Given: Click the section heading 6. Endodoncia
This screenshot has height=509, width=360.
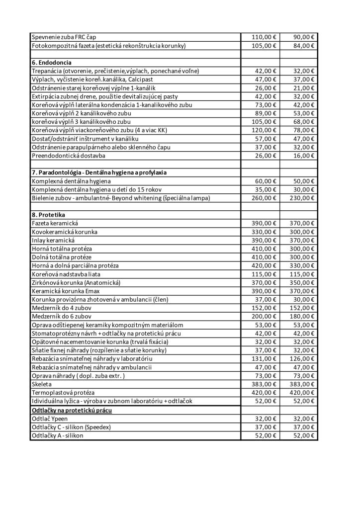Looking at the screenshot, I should (52, 63).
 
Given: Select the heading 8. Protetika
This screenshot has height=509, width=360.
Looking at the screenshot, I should (48, 215).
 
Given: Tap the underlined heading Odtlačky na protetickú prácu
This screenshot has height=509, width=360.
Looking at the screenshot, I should (72, 410).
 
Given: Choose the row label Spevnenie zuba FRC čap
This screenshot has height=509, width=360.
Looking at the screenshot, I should (64, 37).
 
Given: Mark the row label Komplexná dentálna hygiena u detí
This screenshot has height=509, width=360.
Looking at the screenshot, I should (96, 189).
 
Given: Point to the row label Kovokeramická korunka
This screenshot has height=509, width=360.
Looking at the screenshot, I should (65, 232).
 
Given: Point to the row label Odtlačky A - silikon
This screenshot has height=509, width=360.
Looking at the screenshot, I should (57, 435).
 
